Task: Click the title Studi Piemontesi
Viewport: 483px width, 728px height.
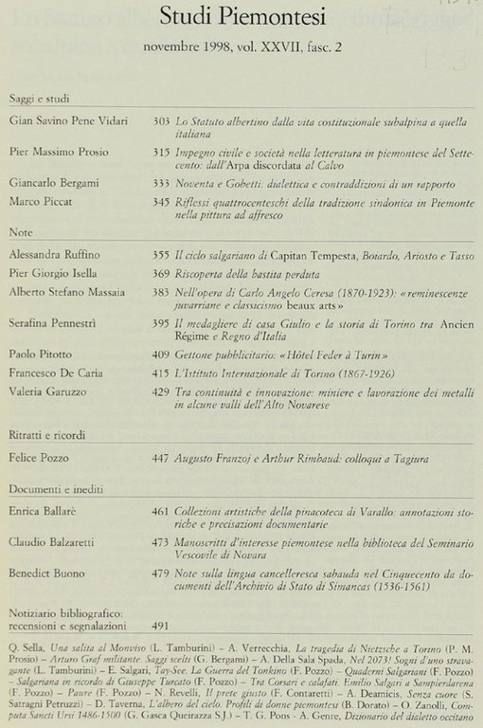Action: [x=241, y=17]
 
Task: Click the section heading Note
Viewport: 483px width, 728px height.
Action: [x=20, y=231]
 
